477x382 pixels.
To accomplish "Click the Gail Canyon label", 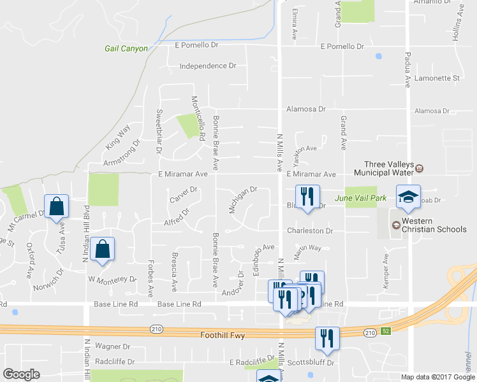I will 126,48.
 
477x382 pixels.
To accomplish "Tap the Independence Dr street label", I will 208,66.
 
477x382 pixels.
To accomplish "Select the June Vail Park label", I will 367,198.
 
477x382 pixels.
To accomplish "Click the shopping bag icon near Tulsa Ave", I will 57,206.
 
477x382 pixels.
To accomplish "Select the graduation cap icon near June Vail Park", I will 408,196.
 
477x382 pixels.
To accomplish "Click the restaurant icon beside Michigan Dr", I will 307,196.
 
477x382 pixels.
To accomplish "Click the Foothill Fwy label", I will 223,334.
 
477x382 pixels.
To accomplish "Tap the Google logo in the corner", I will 21,374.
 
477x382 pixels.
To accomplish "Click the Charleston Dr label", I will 310,231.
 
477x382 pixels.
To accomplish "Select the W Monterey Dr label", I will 113,279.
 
